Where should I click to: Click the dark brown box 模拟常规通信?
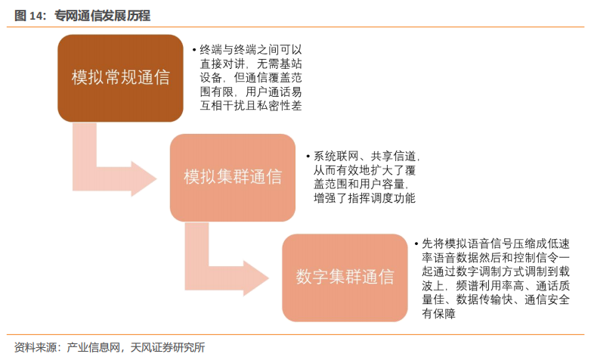[121, 78]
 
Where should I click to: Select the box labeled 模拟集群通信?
[233, 177]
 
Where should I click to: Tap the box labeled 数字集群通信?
[345, 277]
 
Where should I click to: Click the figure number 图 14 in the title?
[30, 16]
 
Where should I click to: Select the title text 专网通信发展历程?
[102, 16]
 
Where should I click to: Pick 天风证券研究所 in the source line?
[168, 347]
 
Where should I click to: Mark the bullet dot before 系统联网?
[308, 156]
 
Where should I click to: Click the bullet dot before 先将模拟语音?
[416, 244]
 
